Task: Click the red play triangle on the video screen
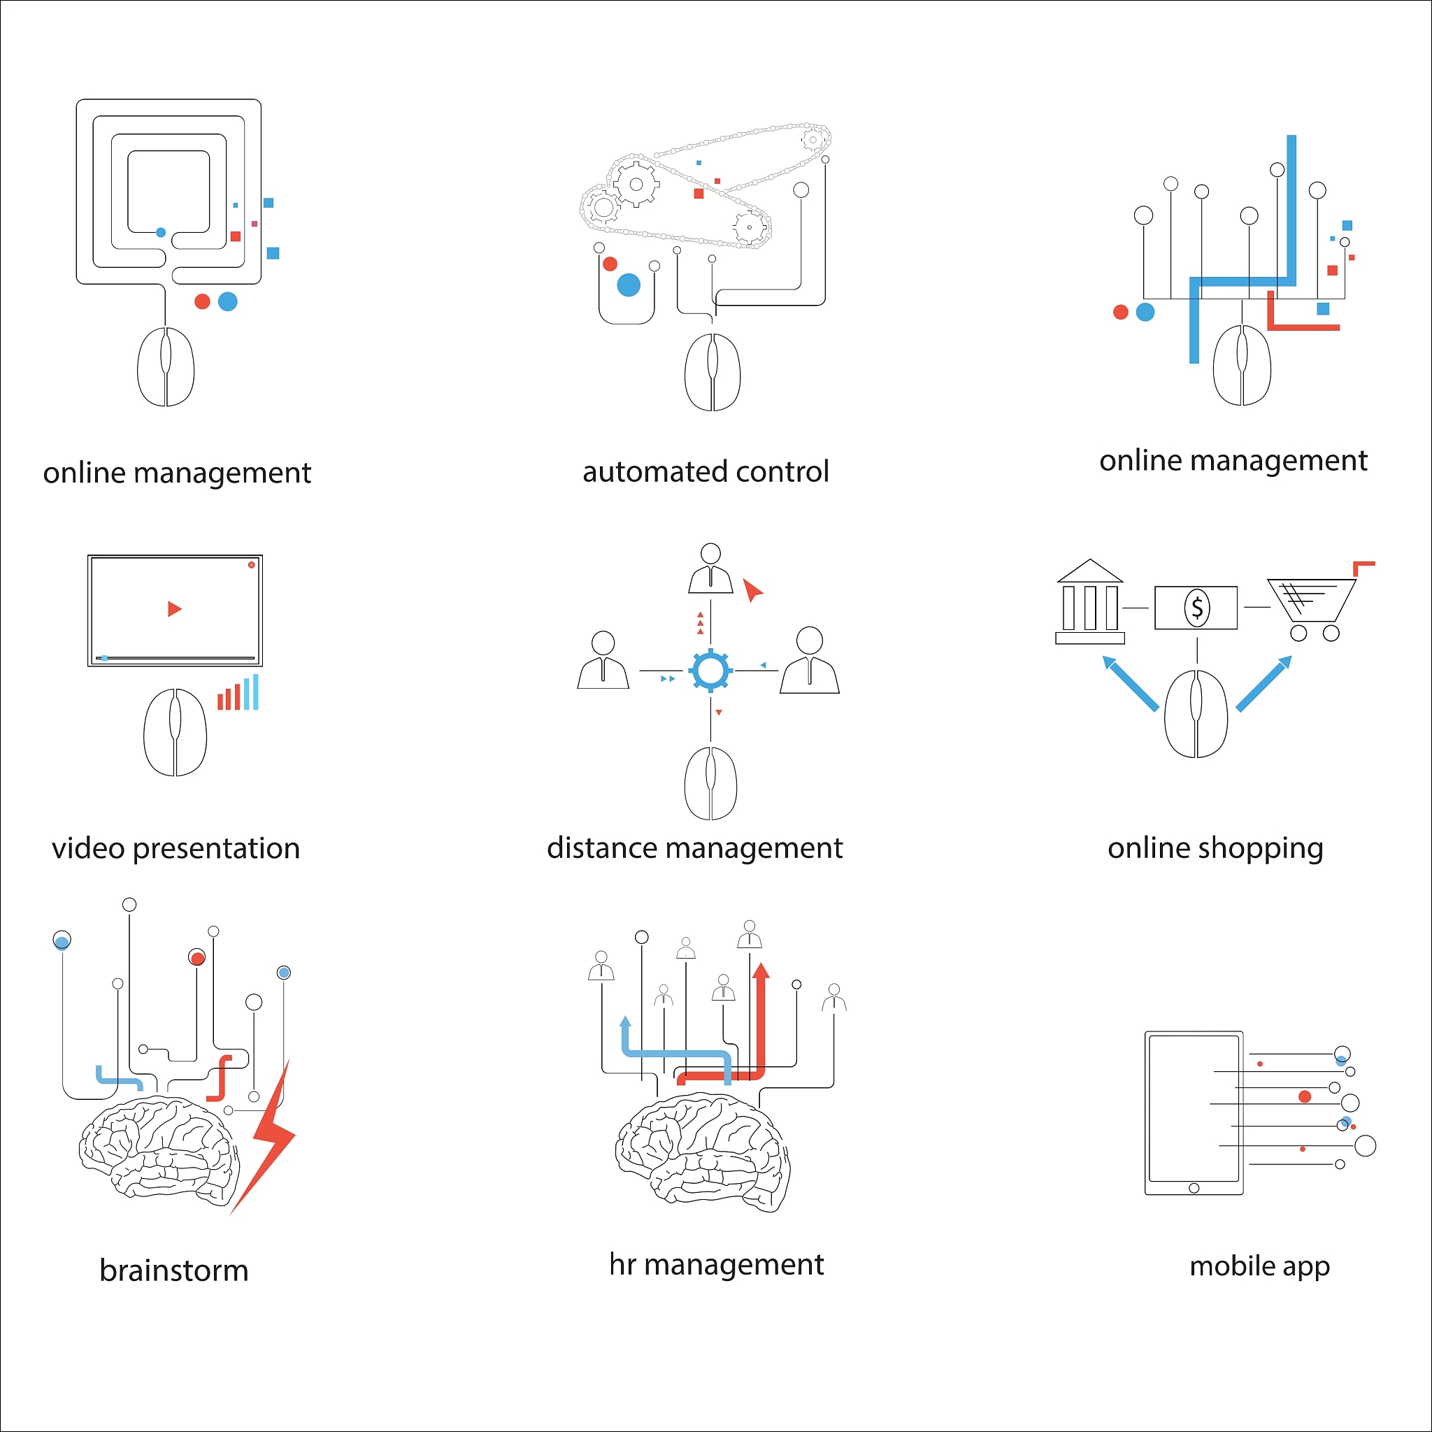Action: point(174,609)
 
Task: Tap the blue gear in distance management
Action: point(710,670)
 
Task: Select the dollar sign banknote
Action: point(1196,608)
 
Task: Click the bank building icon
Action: point(1089,602)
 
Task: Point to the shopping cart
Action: point(1310,604)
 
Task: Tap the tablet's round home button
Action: point(1194,1188)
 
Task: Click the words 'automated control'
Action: point(705,472)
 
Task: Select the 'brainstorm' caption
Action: point(174,1270)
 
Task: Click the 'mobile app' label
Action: point(1259,1266)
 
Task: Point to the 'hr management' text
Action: point(716,1264)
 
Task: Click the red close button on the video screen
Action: point(251,565)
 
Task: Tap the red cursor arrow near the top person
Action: point(752,590)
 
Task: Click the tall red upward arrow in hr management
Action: point(760,1023)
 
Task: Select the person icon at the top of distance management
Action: point(710,569)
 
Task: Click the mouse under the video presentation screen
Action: point(175,732)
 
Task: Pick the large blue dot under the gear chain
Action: point(629,285)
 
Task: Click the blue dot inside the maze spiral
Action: point(161,233)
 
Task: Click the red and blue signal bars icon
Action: point(238,693)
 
